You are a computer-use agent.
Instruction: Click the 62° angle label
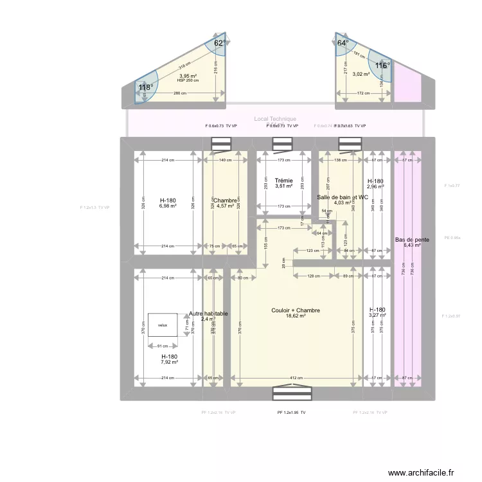(x=219, y=43)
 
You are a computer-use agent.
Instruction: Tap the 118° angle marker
(x=145, y=88)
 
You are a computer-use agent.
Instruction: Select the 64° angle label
(x=343, y=43)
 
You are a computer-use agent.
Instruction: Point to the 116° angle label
(x=382, y=66)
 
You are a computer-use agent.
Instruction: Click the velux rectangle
(x=163, y=325)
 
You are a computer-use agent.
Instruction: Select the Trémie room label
(x=283, y=181)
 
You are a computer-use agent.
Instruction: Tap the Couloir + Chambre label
(x=296, y=310)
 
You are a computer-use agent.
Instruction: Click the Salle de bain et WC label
(x=343, y=197)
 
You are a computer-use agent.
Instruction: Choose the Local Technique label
(x=275, y=119)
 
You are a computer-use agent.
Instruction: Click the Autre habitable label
(x=208, y=314)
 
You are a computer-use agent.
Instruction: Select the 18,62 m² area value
(x=296, y=316)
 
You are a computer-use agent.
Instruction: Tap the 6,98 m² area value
(x=168, y=206)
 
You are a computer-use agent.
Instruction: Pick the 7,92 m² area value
(x=169, y=362)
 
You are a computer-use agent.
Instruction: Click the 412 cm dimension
(x=295, y=378)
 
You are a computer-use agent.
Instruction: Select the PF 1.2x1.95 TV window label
(x=291, y=413)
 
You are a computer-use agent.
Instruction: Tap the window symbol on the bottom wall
(x=283, y=393)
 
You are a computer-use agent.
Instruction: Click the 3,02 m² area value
(x=361, y=74)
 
